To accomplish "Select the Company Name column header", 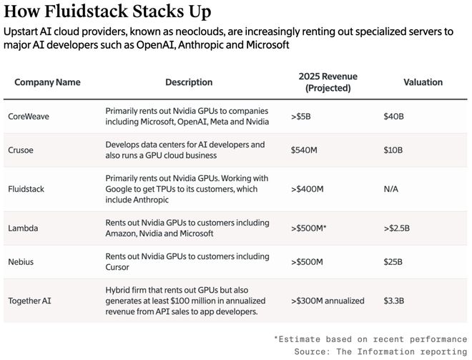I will pyautogui.click(x=47, y=82).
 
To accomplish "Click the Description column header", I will pyautogui.click(x=189, y=82).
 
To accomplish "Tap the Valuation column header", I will pyautogui.click(x=423, y=82).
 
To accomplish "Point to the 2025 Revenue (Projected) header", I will pyautogui.click(x=328, y=82).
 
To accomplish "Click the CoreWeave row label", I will pyautogui.click(x=29, y=116).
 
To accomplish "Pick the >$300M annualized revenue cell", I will pyautogui.click(x=328, y=301).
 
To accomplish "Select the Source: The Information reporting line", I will pyautogui.click(x=380, y=351).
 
